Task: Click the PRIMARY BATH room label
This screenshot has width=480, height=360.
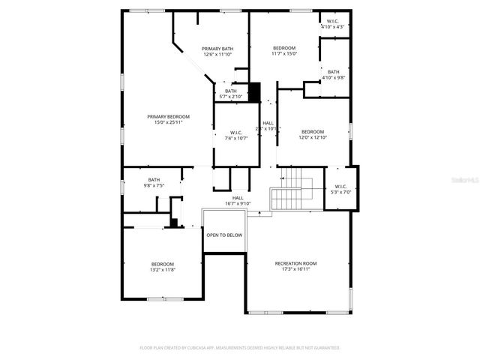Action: pyautogui.click(x=217, y=49)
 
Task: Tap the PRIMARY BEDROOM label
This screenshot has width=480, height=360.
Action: pyautogui.click(x=168, y=116)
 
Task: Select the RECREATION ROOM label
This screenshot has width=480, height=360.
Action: pyautogui.click(x=295, y=263)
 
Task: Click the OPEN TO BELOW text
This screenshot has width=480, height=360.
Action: pyautogui.click(x=224, y=235)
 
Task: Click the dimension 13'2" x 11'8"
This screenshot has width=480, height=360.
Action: pyautogui.click(x=163, y=270)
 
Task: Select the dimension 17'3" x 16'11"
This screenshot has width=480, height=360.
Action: pyautogui.click(x=295, y=270)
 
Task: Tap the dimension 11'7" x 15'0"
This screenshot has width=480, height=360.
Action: pyautogui.click(x=284, y=54)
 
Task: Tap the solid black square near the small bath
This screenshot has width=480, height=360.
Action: pyautogui.click(x=254, y=91)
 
